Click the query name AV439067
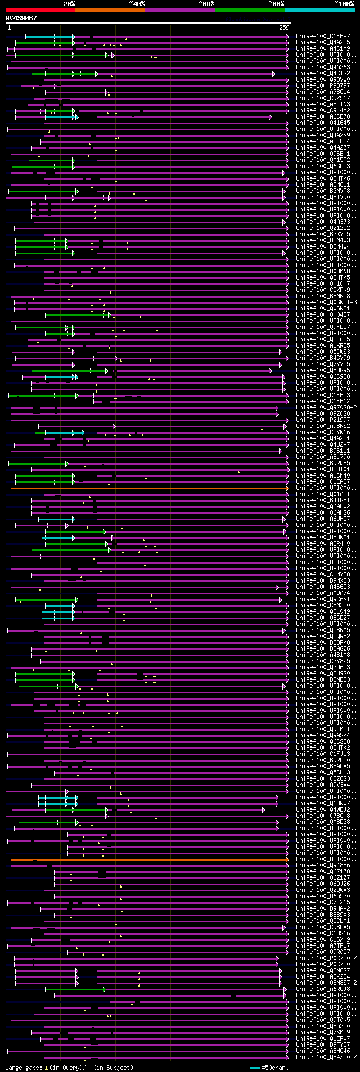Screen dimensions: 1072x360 pyautogui.click(x=21, y=18)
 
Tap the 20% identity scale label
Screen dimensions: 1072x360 pyautogui.click(x=69, y=4)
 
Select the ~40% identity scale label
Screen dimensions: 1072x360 pyautogui.click(x=137, y=4)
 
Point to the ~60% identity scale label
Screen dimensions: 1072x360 pyautogui.click(x=206, y=4)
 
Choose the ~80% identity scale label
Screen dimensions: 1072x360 pyautogui.click(x=276, y=4)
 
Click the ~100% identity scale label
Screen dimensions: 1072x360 pyautogui.click(x=344, y=4)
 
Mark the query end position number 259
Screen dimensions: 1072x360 pyautogui.click(x=284, y=28)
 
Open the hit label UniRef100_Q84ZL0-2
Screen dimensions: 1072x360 pyautogui.click(x=326, y=1057)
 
